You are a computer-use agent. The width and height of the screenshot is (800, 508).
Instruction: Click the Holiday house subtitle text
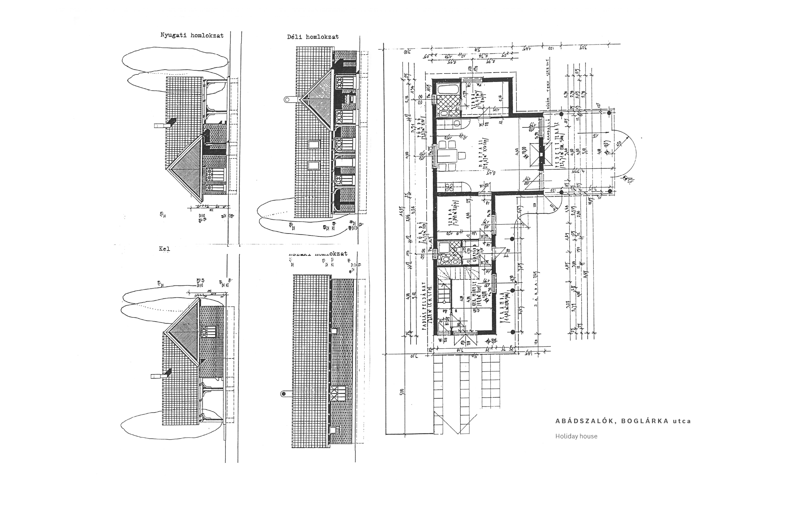[x=576, y=436]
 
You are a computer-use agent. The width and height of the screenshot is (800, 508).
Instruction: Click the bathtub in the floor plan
[x=448, y=89]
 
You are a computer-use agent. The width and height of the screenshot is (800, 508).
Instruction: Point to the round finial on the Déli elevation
[x=288, y=99]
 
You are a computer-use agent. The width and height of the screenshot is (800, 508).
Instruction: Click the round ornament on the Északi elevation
[x=284, y=394]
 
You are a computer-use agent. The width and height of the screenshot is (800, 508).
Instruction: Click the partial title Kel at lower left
[x=164, y=249]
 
